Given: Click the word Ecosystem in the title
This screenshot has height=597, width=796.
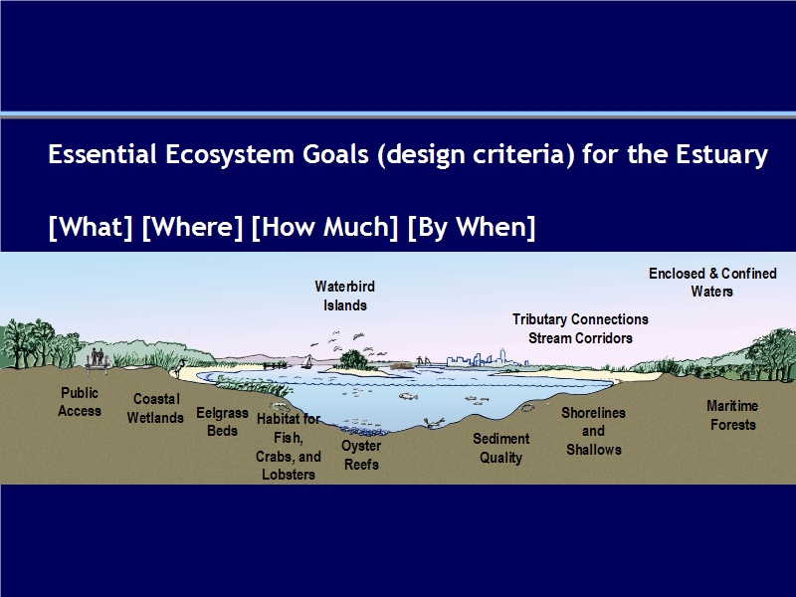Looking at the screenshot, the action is [230, 154].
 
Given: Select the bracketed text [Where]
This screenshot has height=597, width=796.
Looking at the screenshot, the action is [192, 227].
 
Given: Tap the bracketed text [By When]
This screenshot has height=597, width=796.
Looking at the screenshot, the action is [472, 227].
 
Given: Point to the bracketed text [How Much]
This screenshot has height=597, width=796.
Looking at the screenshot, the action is [325, 227].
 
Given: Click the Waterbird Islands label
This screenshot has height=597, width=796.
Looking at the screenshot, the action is [344, 296].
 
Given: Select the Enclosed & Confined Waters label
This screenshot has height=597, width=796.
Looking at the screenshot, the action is [712, 283].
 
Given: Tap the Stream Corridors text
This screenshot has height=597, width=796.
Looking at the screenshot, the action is [580, 338].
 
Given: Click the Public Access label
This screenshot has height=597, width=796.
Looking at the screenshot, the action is [80, 402].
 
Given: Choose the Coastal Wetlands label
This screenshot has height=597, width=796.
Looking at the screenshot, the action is [155, 408].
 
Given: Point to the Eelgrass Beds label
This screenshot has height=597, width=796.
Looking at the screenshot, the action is [222, 421].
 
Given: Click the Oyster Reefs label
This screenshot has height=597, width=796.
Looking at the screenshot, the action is [361, 455].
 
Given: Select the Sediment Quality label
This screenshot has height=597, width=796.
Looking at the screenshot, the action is [501, 449].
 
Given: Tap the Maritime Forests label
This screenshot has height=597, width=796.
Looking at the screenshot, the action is [732, 415].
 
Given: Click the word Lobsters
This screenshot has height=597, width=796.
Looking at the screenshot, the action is [289, 475].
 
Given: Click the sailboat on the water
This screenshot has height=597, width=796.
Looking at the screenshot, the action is [306, 361].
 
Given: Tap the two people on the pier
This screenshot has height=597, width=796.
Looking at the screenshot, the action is [97, 357].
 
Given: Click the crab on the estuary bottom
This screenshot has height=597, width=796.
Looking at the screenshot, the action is [433, 423].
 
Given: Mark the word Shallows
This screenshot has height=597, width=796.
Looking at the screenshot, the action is [594, 450].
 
